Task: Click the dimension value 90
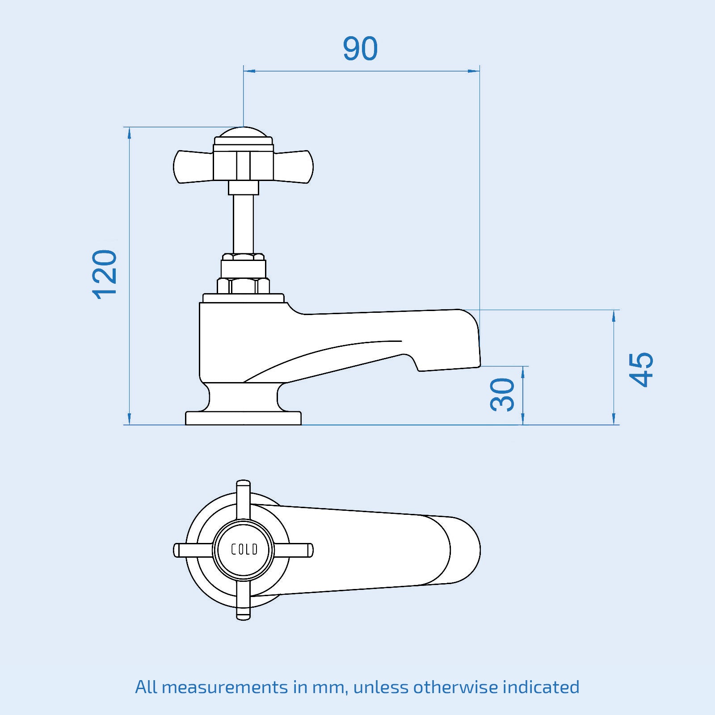click(360, 49)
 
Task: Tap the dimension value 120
click(105, 274)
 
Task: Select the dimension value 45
click(641, 369)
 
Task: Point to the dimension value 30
click(502, 395)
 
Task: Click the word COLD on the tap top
click(244, 549)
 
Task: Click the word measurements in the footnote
click(225, 687)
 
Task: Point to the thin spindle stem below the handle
click(244, 223)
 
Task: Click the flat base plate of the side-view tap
click(244, 418)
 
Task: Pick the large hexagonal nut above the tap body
click(244, 286)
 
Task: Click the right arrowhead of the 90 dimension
click(474, 71)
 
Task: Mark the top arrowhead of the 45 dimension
click(614, 315)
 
